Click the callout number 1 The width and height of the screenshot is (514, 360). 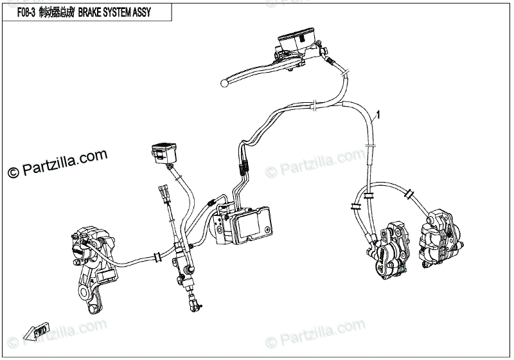coord(379,115)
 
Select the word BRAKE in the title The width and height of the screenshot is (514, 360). coord(92,13)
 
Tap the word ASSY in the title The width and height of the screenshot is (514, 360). coord(141,13)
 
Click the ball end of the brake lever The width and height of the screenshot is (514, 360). coord(224,82)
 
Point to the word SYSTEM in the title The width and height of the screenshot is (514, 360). coord(116,13)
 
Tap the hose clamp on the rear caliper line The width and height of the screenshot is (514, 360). coord(156,258)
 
